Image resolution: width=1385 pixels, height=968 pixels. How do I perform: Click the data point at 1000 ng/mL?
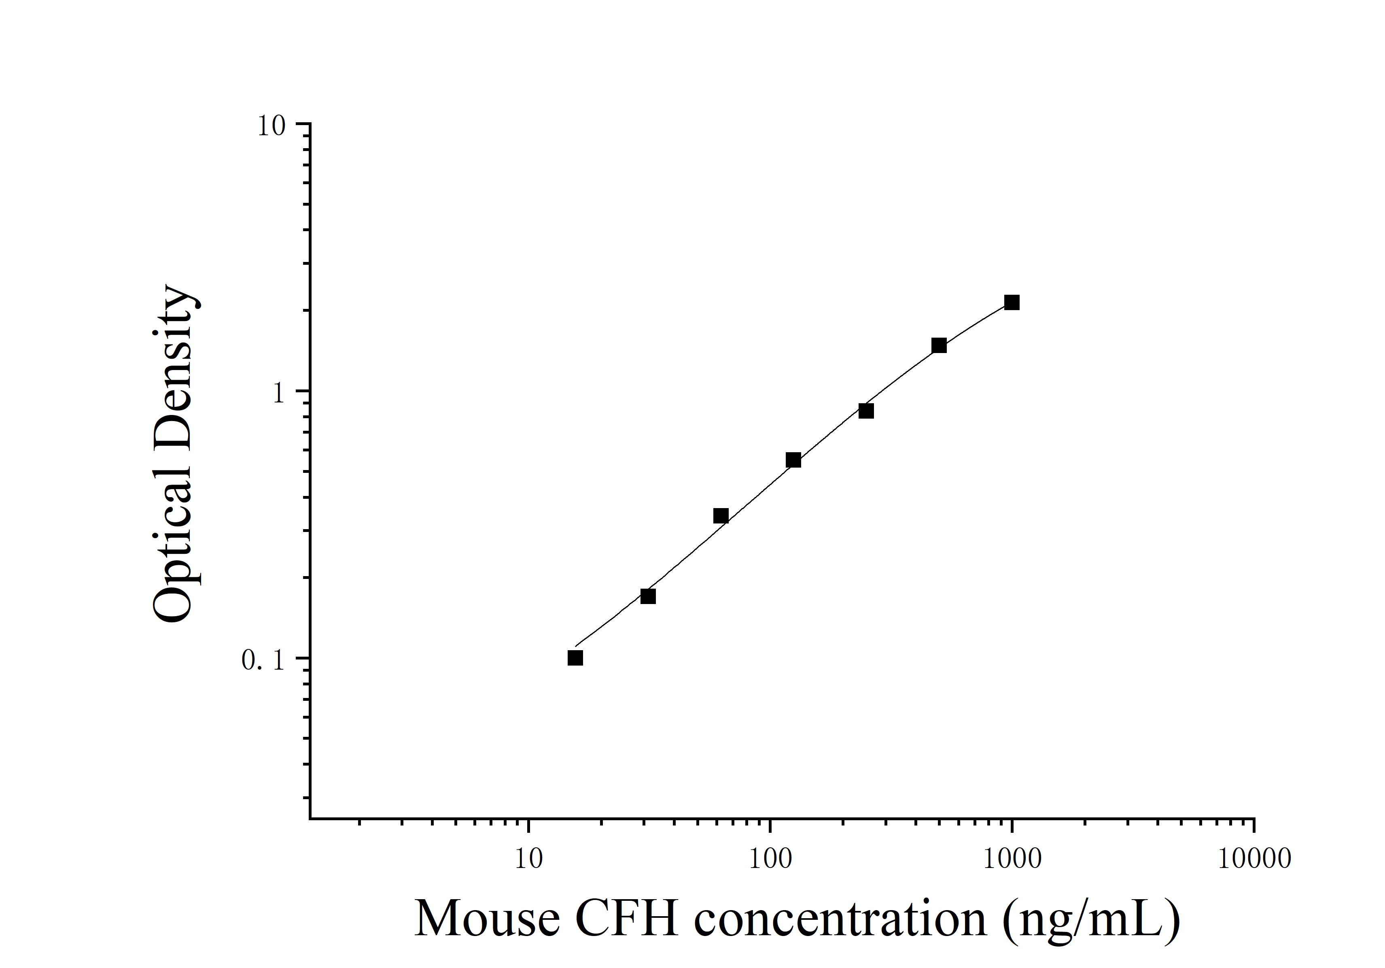pyautogui.click(x=1012, y=302)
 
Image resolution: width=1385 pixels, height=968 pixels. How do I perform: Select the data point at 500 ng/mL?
pyautogui.click(x=939, y=346)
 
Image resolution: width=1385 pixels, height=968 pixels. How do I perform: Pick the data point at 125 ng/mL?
pyautogui.click(x=793, y=460)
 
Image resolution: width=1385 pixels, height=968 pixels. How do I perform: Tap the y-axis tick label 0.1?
pyautogui.click(x=263, y=660)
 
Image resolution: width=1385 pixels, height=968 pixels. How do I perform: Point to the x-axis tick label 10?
pyautogui.click(x=529, y=859)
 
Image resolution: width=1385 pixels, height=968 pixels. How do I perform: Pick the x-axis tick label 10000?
pyautogui.click(x=1254, y=859)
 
